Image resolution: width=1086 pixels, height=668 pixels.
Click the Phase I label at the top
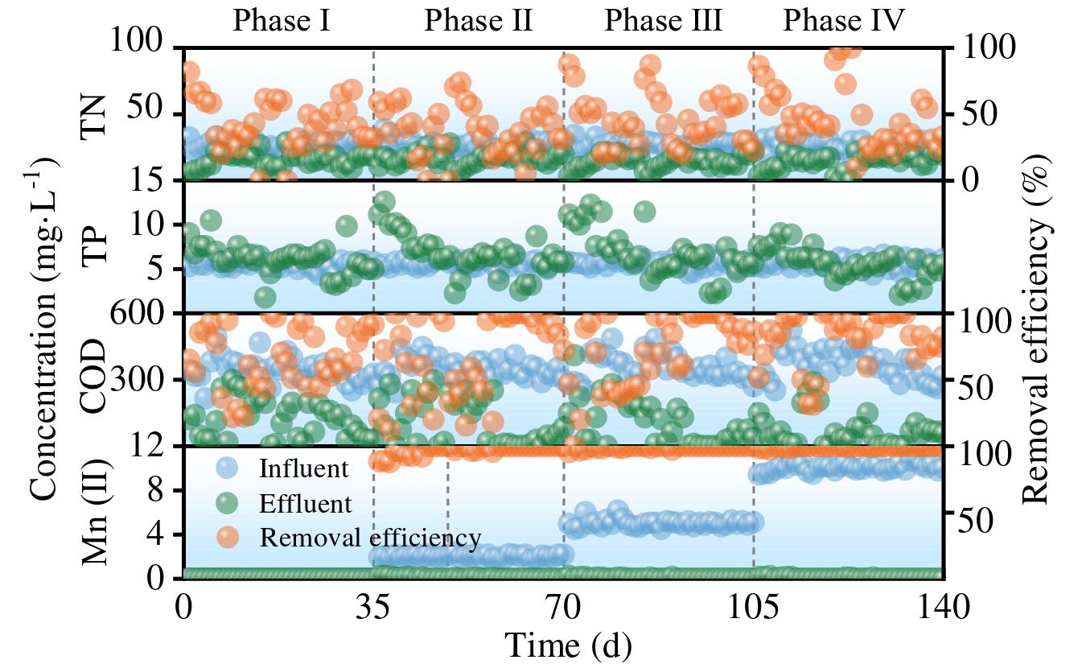click(281, 21)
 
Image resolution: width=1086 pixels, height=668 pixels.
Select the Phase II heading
click(478, 21)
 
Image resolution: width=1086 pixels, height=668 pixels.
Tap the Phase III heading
click(663, 21)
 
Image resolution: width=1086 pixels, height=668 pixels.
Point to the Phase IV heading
click(844, 21)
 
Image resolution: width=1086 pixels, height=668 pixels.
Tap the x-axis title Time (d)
click(567, 645)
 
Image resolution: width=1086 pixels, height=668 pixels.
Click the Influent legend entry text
click(303, 469)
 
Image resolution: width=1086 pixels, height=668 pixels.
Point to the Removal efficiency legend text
click(370, 538)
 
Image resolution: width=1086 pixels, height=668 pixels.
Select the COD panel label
click(96, 377)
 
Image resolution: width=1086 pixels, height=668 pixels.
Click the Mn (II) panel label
click(96, 510)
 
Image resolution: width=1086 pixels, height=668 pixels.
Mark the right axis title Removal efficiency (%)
click(1038, 322)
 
